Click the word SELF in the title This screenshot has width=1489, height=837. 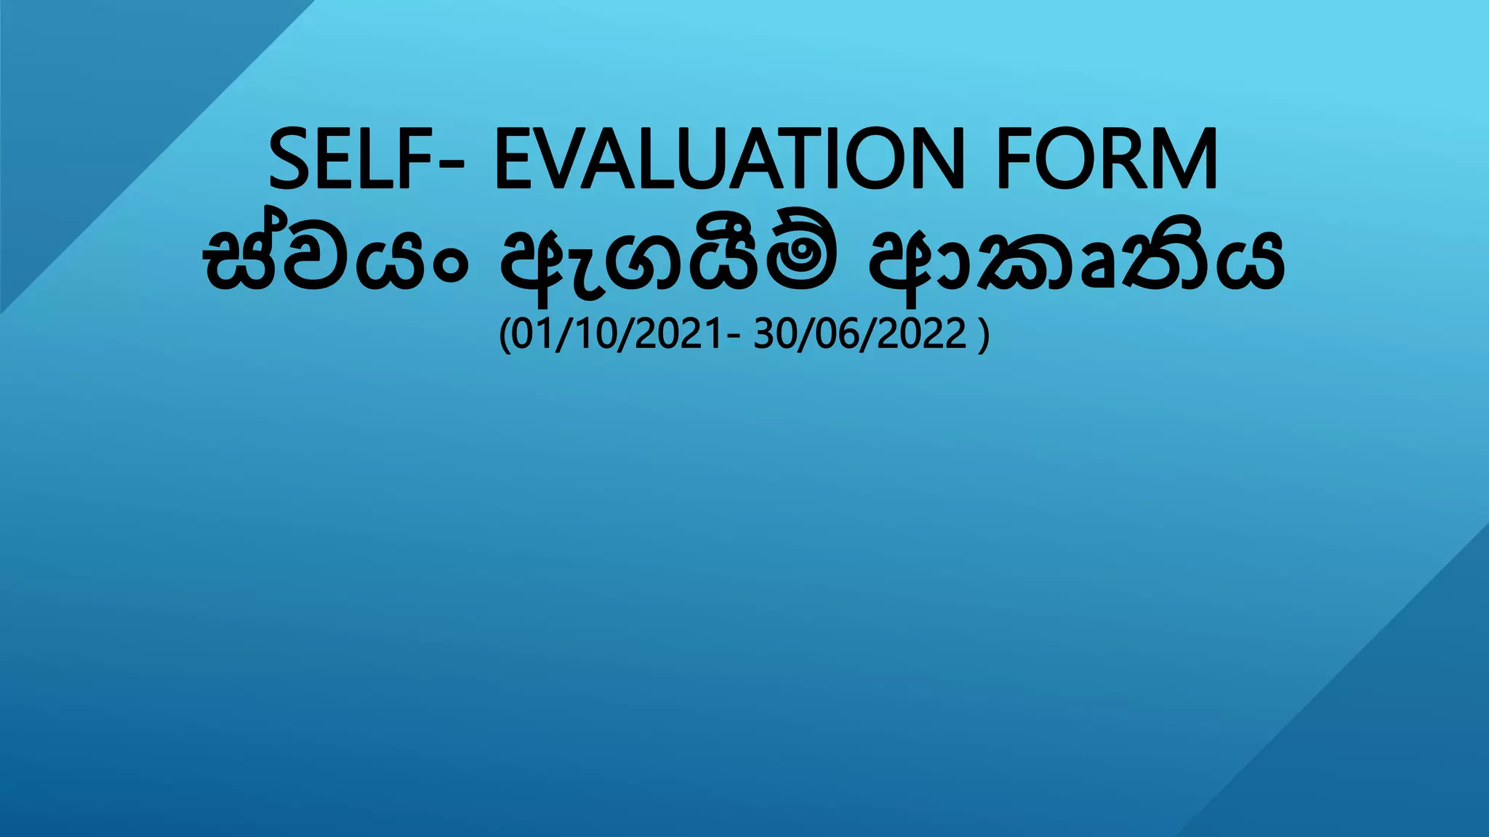tap(351, 159)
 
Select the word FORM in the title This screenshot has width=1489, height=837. tap(1106, 159)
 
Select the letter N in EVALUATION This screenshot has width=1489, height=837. tap(932, 159)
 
